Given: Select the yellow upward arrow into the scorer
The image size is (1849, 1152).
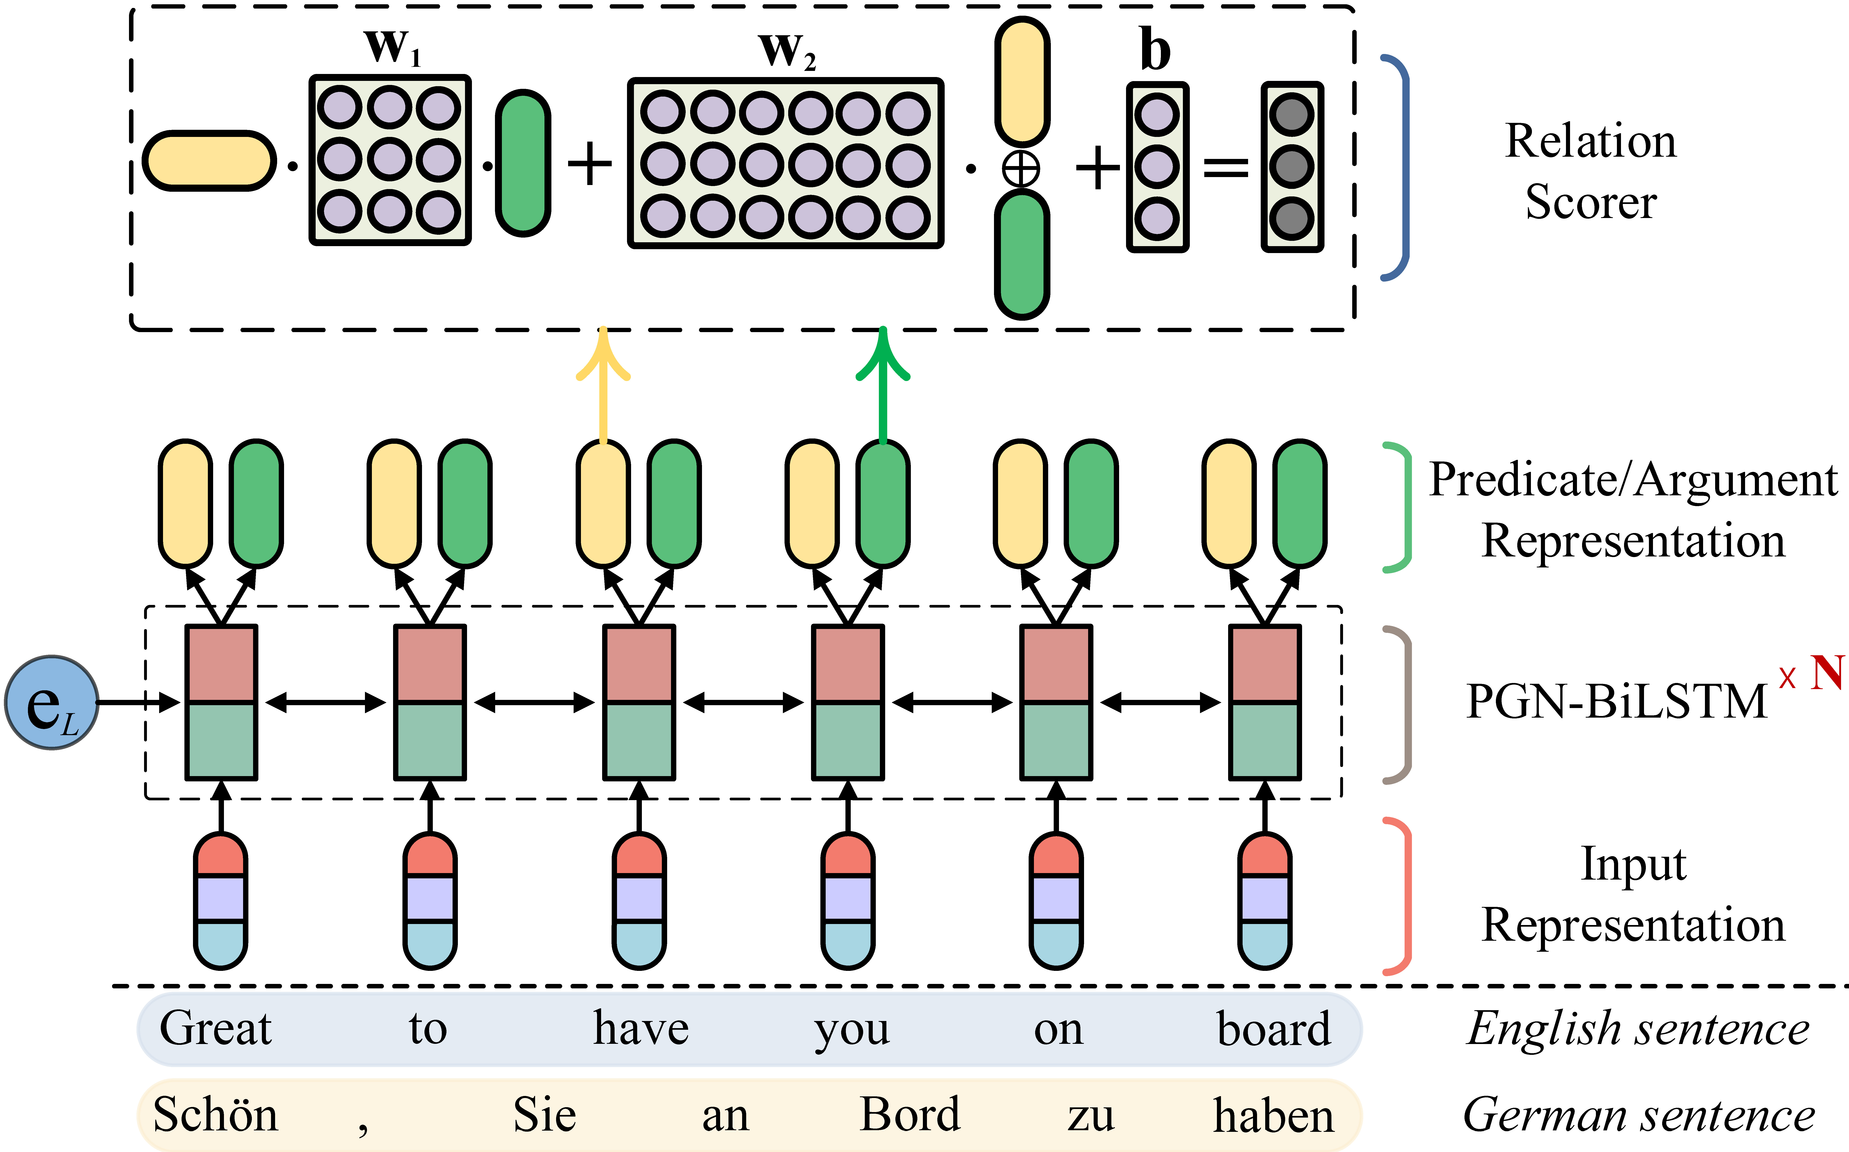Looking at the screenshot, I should point(603,381).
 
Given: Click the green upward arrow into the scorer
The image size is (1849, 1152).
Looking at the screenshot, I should point(882,381).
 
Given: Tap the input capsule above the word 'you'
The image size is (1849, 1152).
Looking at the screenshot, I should point(848,901).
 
